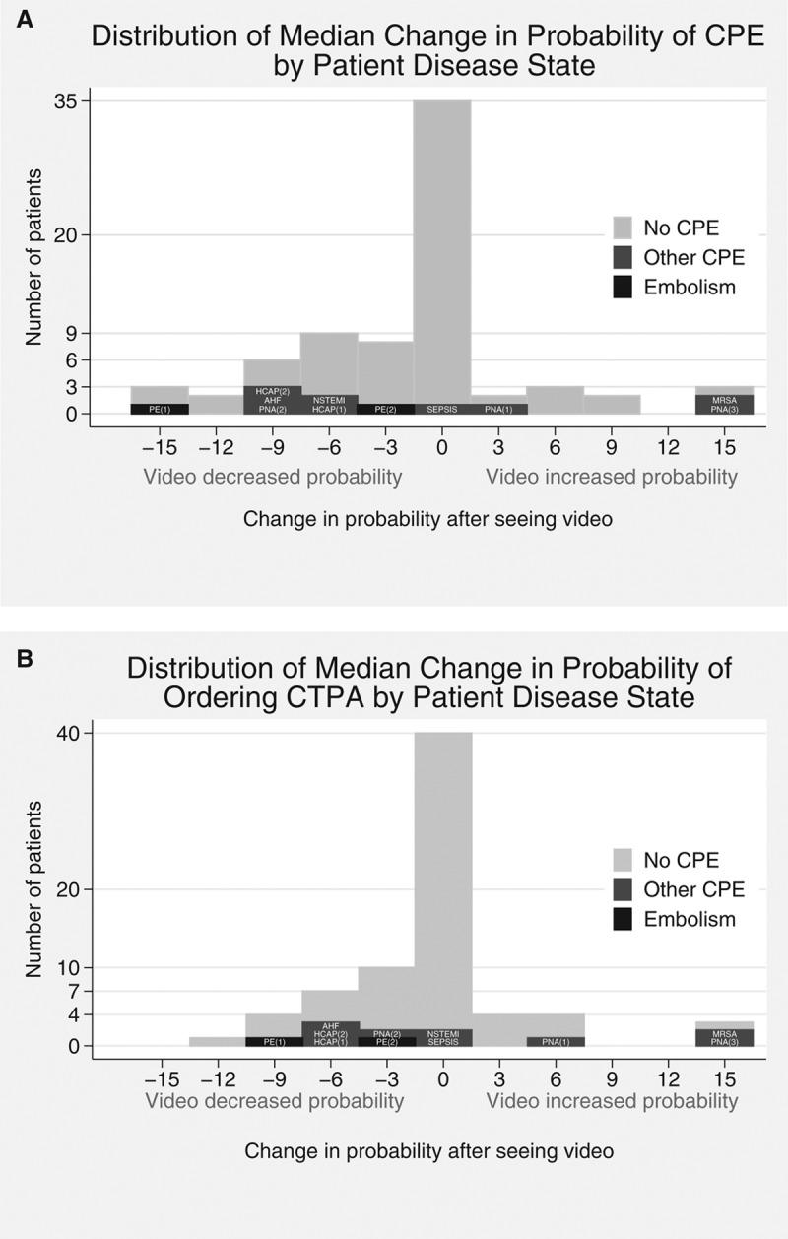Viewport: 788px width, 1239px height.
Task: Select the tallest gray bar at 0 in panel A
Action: click(442, 246)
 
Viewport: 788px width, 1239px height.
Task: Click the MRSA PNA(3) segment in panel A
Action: click(724, 404)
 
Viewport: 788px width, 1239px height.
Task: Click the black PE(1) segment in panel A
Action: click(160, 409)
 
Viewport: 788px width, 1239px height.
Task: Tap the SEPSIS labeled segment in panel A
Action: click(442, 409)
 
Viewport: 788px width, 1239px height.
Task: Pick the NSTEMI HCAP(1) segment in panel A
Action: click(329, 404)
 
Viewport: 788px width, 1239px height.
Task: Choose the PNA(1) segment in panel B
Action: click(557, 1041)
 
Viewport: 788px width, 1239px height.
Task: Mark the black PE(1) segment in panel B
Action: click(274, 1041)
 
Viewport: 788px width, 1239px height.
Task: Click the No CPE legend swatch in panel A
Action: click(622, 228)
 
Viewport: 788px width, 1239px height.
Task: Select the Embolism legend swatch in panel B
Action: click(622, 919)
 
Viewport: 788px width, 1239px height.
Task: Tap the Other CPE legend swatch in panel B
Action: click(622, 890)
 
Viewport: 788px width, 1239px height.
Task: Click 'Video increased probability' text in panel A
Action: click(611, 478)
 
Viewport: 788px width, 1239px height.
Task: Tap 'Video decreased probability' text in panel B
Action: click(274, 1100)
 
